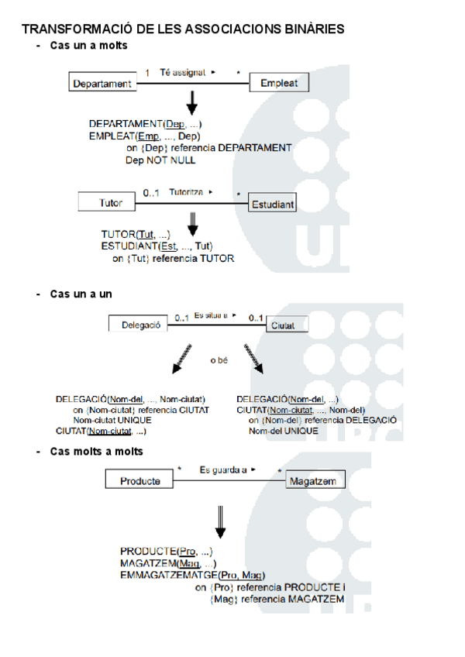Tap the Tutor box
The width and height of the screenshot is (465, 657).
coord(112,203)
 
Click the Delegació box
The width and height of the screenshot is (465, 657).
coord(140,325)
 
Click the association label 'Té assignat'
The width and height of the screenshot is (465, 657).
coord(183,72)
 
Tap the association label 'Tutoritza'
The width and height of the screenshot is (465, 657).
coord(186,191)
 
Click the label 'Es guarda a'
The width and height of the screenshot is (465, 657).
coord(223,469)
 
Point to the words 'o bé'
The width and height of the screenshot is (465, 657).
coord(220,360)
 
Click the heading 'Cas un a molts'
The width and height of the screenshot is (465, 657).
coord(88,46)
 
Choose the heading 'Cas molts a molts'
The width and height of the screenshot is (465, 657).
coord(96,451)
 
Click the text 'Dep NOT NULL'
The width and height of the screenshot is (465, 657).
coord(160,160)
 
